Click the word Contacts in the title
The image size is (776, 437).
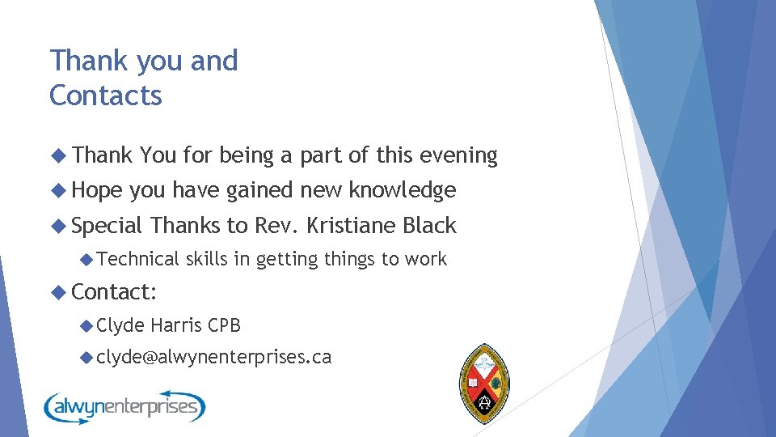tap(106, 95)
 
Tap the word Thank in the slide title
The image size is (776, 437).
tap(82, 61)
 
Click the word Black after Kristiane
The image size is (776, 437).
tap(429, 226)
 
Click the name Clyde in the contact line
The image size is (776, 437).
tap(120, 325)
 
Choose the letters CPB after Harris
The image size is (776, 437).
tap(224, 325)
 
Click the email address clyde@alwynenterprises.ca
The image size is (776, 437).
tap(213, 357)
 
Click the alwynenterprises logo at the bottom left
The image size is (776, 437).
tap(124, 405)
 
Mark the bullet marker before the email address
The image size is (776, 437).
tap(86, 357)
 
